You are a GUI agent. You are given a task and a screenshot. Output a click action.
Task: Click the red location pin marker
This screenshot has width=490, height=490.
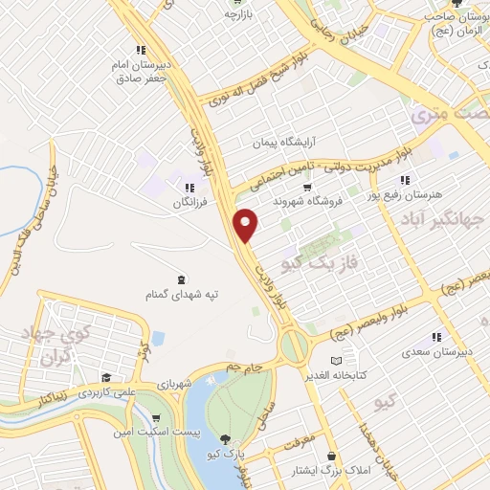tap(247, 224)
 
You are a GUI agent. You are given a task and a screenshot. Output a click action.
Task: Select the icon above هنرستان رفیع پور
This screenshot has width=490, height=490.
tap(405, 179)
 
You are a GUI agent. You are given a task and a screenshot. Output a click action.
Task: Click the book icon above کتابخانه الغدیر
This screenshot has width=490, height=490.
tap(335, 359)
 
